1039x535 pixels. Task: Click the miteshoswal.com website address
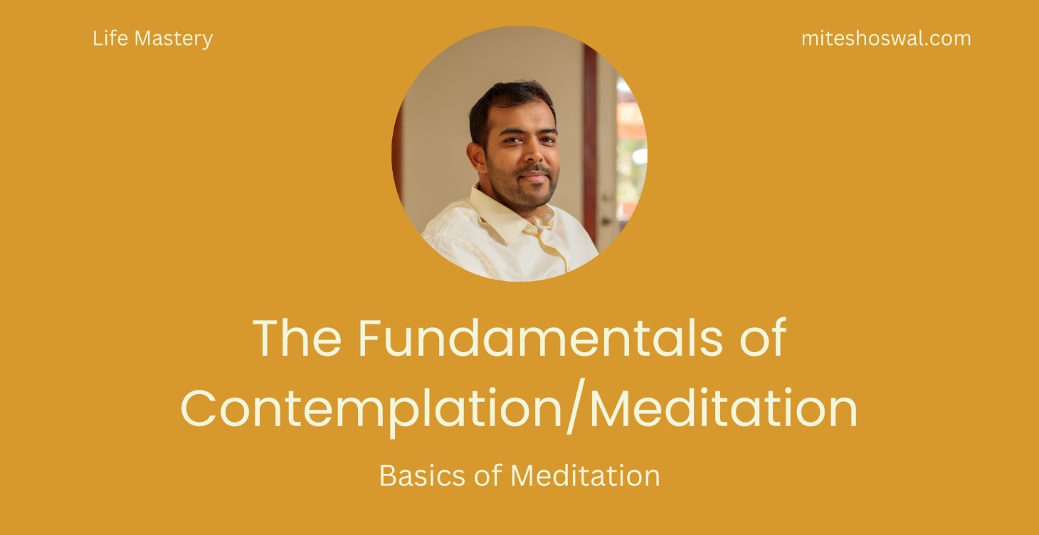[x=885, y=38]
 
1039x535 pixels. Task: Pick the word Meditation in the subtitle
[x=585, y=475]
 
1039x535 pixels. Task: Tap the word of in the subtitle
[x=487, y=475]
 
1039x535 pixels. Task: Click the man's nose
[x=531, y=152]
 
